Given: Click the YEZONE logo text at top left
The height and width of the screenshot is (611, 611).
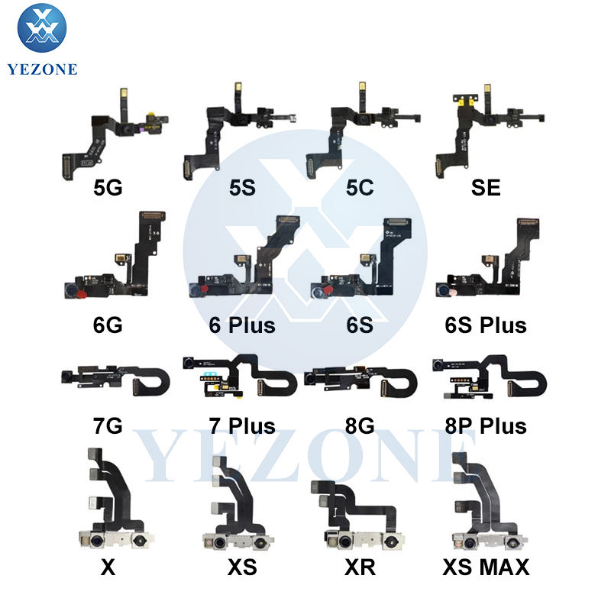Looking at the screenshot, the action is coord(43,69).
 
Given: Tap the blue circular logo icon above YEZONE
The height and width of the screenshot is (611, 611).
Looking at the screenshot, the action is coord(42,28).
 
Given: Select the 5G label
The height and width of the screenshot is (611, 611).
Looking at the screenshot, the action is coord(107,186).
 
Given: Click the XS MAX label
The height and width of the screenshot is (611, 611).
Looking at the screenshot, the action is coord(485,567).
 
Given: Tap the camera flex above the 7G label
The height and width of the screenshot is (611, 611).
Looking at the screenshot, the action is coord(115,377).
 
